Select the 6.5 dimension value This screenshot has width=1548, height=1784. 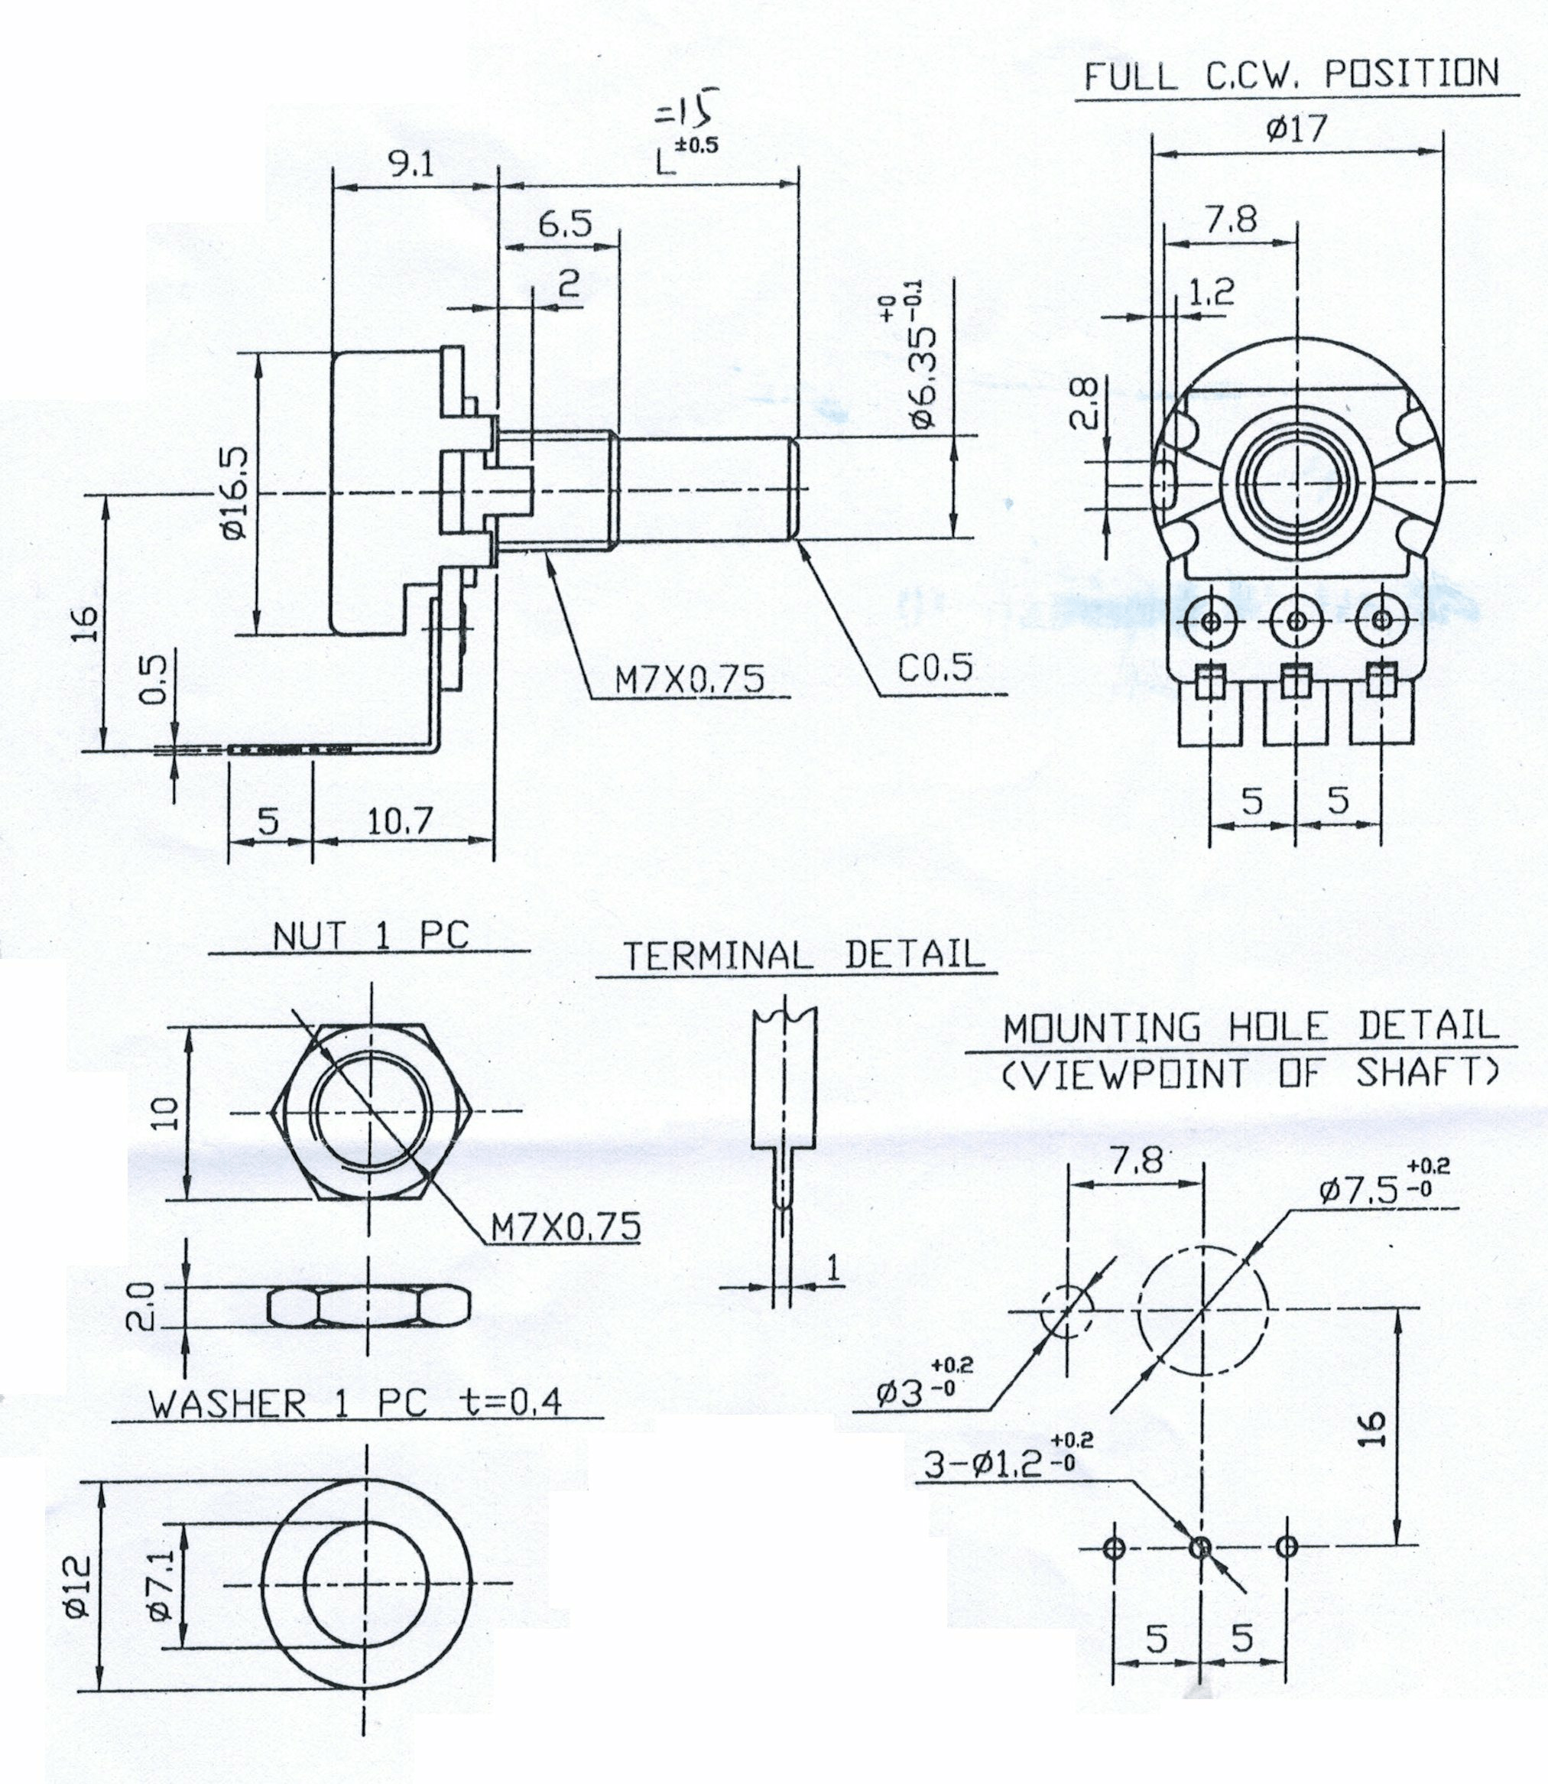coord(565,225)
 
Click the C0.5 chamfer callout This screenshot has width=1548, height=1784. coord(935,667)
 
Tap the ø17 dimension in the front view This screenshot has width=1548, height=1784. coord(1296,129)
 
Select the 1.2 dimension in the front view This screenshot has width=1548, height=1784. coord(1211,294)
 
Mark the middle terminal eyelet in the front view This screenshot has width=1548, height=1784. coord(1296,620)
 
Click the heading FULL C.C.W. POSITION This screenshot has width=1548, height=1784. coord(1291,75)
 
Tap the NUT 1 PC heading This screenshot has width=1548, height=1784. coord(372,936)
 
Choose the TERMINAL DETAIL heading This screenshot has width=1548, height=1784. coord(803,954)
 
